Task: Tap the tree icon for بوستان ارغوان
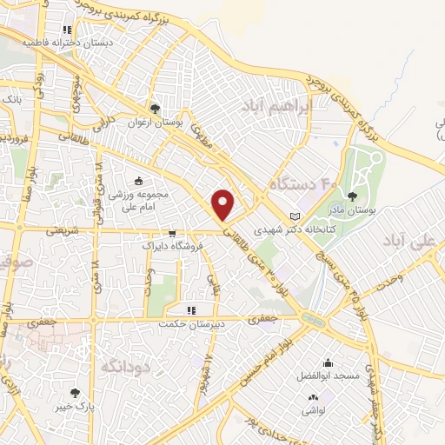pyautogui.click(x=155, y=109)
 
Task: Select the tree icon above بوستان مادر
pyautogui.click(x=352, y=196)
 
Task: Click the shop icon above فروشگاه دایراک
pyautogui.click(x=171, y=233)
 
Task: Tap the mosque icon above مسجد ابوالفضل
pyautogui.click(x=328, y=363)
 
